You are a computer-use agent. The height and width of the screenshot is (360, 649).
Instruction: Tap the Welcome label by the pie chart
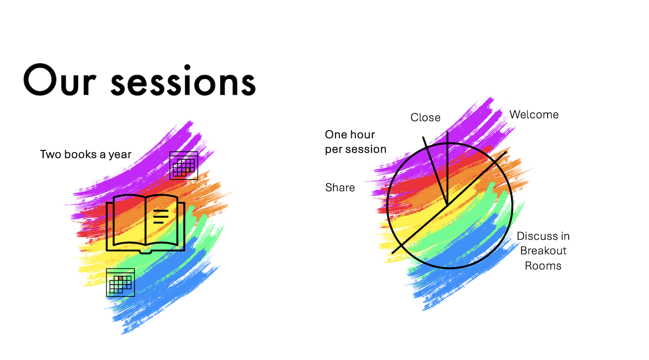click(x=534, y=115)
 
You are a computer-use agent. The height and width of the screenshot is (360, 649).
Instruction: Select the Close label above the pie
click(x=426, y=118)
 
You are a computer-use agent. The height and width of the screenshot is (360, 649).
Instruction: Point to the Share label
click(x=340, y=188)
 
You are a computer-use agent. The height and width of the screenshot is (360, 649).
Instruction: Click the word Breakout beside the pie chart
click(x=543, y=251)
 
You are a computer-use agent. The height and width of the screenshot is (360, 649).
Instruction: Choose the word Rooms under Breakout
click(x=543, y=266)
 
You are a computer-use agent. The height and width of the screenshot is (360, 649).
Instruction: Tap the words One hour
click(x=350, y=135)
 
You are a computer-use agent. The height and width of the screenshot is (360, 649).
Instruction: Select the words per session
click(x=355, y=150)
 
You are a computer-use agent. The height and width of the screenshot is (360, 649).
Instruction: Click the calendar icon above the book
click(x=184, y=166)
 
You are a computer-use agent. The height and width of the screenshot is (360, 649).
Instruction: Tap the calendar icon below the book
click(x=120, y=283)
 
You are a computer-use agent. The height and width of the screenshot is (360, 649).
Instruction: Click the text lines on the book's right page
click(x=161, y=216)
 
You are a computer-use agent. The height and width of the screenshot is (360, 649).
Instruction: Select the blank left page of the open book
click(x=129, y=220)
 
